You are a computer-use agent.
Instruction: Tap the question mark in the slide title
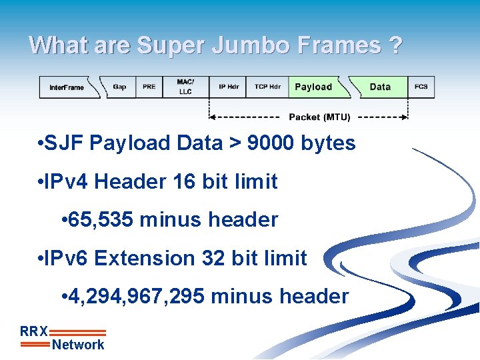[395, 45]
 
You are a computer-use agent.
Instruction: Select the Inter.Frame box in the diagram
[67, 87]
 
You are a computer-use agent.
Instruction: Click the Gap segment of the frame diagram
[119, 87]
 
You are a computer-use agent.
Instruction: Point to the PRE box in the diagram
[149, 87]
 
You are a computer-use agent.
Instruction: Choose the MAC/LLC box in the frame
[185, 87]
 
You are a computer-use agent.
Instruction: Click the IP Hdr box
[229, 87]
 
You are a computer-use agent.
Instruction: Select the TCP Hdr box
[267, 87]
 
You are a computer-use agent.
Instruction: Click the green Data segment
[380, 87]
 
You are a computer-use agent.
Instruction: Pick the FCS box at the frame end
[421, 87]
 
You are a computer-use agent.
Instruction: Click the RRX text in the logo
[33, 331]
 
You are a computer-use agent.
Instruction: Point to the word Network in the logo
[78, 345]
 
